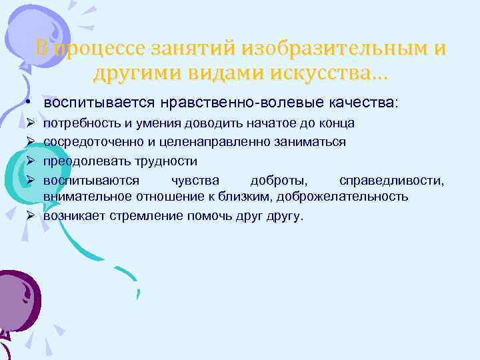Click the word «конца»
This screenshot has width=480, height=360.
337,124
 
